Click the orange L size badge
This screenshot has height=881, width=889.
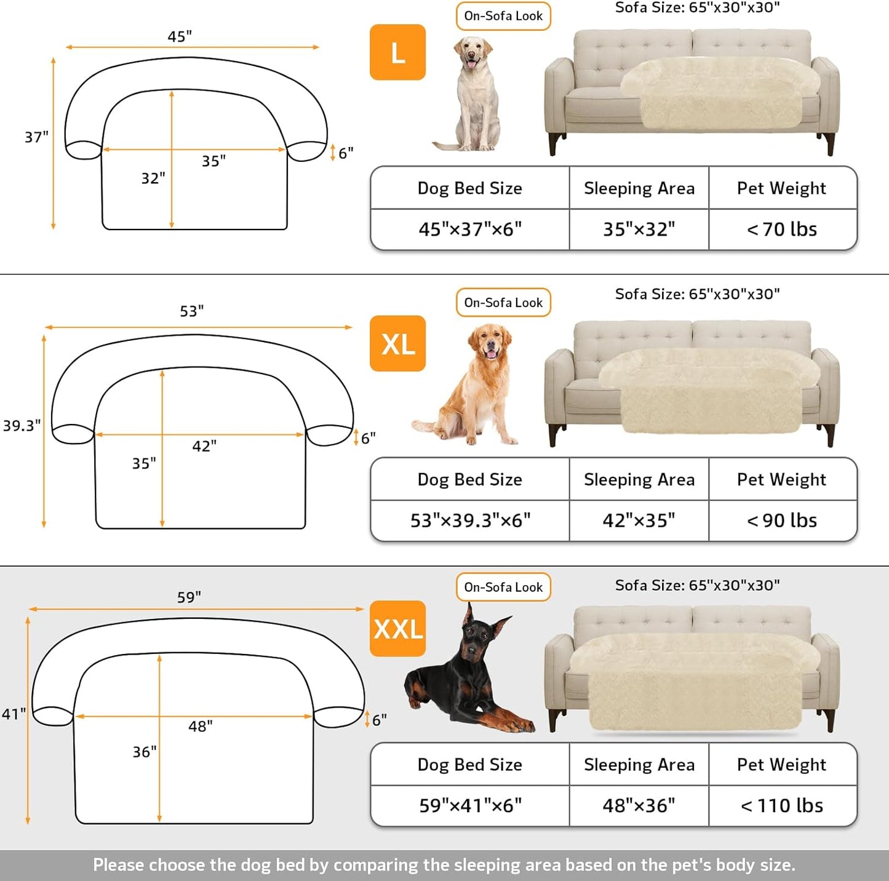[397, 52]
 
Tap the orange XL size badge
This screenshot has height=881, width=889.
[397, 343]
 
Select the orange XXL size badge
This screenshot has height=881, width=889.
[397, 629]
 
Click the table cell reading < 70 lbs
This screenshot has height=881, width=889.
[782, 229]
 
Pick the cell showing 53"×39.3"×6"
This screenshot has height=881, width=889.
[470, 520]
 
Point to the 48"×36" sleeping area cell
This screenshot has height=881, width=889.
[639, 805]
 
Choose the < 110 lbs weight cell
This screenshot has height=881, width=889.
[782, 805]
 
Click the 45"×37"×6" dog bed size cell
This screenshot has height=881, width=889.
[470, 229]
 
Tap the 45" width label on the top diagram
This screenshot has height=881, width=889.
[180, 37]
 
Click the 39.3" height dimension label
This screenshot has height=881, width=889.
[22, 426]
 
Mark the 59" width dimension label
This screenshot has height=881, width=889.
[189, 597]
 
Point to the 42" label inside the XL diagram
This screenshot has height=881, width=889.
[204, 446]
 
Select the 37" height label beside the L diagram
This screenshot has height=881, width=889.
[36, 137]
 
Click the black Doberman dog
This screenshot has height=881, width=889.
[468, 677]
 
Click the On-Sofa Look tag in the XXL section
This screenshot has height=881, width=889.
[503, 588]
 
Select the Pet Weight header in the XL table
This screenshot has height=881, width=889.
[781, 479]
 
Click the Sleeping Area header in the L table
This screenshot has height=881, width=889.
[639, 188]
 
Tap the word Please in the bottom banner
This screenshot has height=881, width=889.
[119, 865]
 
